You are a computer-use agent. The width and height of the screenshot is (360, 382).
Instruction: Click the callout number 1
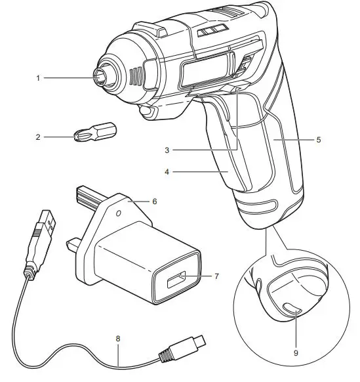pyautogui.click(x=39, y=77)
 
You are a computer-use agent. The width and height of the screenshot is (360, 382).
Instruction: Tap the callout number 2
pyautogui.click(x=39, y=137)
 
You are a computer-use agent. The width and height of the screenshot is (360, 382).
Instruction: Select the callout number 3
pyautogui.click(x=168, y=150)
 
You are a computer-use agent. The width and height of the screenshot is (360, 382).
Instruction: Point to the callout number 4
pyautogui.click(x=168, y=173)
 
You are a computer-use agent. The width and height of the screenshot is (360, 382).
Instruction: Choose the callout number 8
pyautogui.click(x=118, y=340)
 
